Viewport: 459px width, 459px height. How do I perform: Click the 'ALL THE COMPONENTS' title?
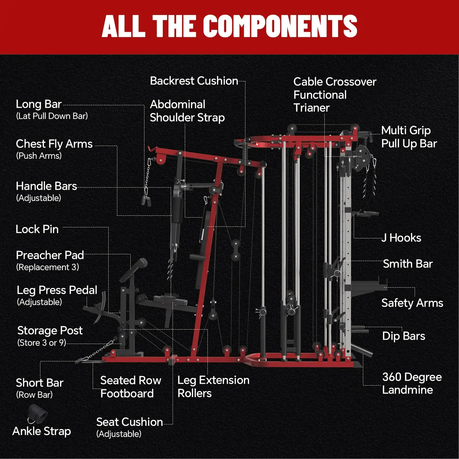point(229,26)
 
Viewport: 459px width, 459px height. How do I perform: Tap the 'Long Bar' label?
point(39,104)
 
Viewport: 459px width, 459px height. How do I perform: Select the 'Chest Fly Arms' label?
point(54,144)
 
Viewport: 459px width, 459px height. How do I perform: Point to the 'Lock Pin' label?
point(37,229)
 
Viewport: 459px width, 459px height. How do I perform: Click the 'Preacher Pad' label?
point(50,255)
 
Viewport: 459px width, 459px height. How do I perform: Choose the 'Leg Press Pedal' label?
point(57,290)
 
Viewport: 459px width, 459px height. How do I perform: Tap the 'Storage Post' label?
point(50,330)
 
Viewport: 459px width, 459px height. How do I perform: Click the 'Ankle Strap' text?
point(42,431)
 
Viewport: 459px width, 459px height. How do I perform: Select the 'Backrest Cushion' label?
point(194,81)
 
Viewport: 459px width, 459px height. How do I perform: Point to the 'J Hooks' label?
point(401,238)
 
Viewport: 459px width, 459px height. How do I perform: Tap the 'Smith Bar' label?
point(408,264)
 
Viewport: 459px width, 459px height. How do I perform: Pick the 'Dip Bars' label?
point(404,336)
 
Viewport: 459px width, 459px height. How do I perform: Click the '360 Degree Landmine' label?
point(412,383)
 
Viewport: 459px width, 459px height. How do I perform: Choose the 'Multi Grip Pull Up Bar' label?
point(409,137)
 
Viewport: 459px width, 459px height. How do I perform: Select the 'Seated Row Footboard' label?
point(131,387)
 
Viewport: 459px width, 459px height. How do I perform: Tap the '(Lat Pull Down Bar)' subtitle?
point(52,116)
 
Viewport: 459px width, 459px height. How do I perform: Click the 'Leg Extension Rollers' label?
point(214,386)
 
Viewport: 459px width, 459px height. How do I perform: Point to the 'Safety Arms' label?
point(412,303)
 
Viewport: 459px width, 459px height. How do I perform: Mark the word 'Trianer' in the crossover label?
point(312,108)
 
